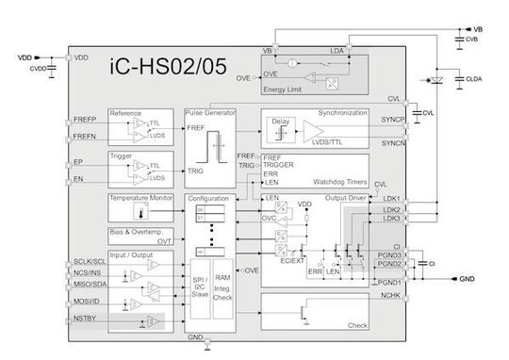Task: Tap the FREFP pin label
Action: pos(86,121)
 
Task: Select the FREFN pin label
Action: pos(86,138)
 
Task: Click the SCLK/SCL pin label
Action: pos(90,260)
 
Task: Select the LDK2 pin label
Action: pos(392,208)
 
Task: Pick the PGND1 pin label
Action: pos(391,283)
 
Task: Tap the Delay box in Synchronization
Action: pos(279,122)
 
